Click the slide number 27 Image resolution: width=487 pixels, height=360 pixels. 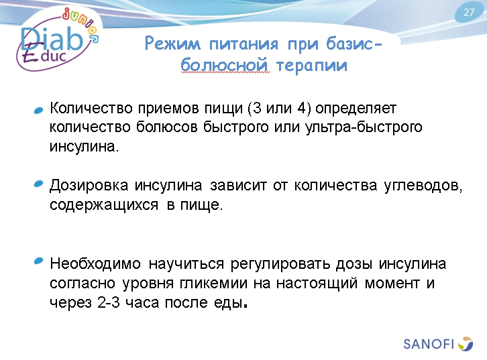(x=469, y=13)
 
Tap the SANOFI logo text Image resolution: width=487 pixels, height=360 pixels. (x=429, y=344)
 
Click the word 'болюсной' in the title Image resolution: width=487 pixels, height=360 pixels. (x=225, y=66)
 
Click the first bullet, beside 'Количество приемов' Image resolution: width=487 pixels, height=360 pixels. (x=39, y=109)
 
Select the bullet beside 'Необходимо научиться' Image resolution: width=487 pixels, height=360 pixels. (x=39, y=262)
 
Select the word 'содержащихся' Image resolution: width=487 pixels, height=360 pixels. (x=101, y=205)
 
